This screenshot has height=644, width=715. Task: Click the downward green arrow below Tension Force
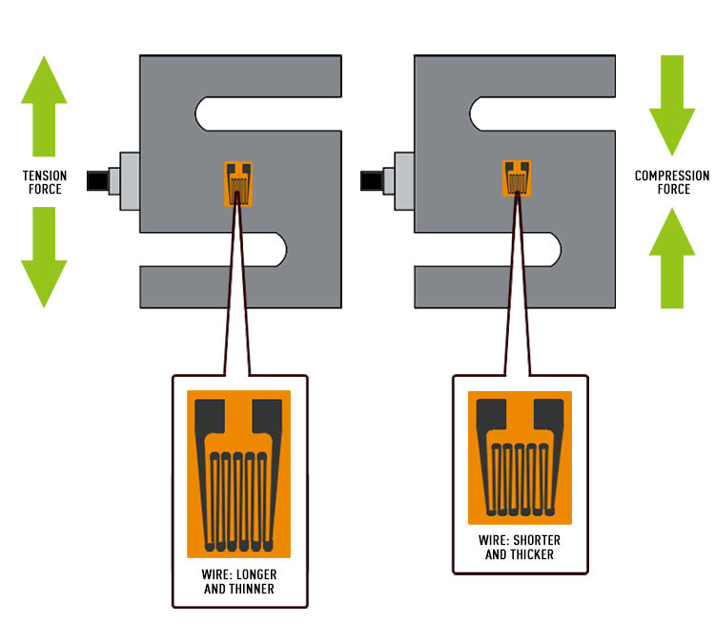44,257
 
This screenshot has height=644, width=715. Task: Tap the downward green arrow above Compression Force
672,106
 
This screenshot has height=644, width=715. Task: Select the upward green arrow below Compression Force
672,258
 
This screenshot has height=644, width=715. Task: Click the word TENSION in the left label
44,177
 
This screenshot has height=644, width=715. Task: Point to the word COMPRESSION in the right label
672,176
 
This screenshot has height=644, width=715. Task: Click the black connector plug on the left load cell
96,180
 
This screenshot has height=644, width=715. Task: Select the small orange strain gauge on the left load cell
239,182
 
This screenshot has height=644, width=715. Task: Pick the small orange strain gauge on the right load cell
517,178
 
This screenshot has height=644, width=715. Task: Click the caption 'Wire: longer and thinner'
239,582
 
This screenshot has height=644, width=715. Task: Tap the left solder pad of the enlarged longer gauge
210,416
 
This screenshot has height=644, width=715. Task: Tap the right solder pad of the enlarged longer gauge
267,416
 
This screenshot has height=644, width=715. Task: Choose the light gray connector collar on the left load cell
123,180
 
